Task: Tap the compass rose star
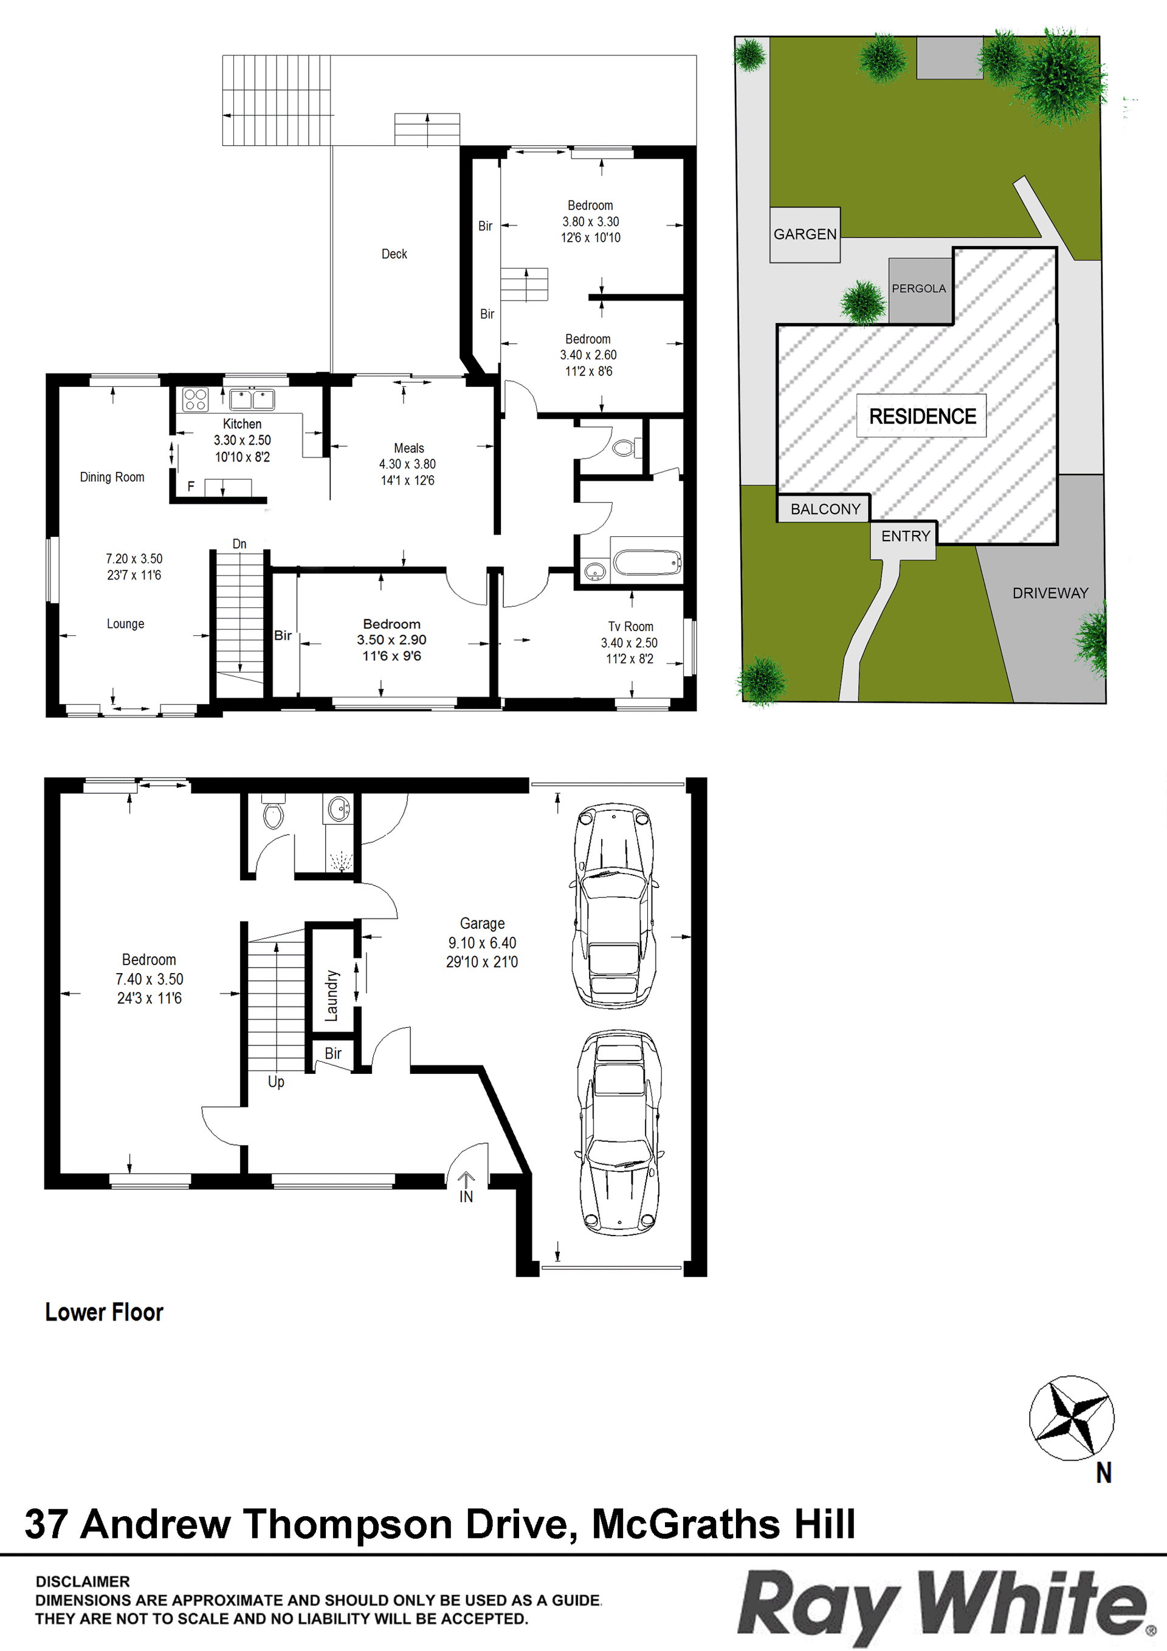point(1072,1418)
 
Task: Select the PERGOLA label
point(919,289)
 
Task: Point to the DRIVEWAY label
point(1050,593)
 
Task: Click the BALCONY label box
point(825,509)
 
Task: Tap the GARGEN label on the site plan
point(805,234)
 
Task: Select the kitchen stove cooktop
point(195,399)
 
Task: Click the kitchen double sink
point(252,398)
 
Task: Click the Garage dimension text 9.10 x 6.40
point(482,943)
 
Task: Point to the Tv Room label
point(630,626)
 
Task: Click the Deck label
point(394,254)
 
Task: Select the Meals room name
point(408,448)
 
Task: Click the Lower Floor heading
point(105,1312)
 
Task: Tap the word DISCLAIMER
point(83,1581)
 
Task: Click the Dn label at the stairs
point(239,544)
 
